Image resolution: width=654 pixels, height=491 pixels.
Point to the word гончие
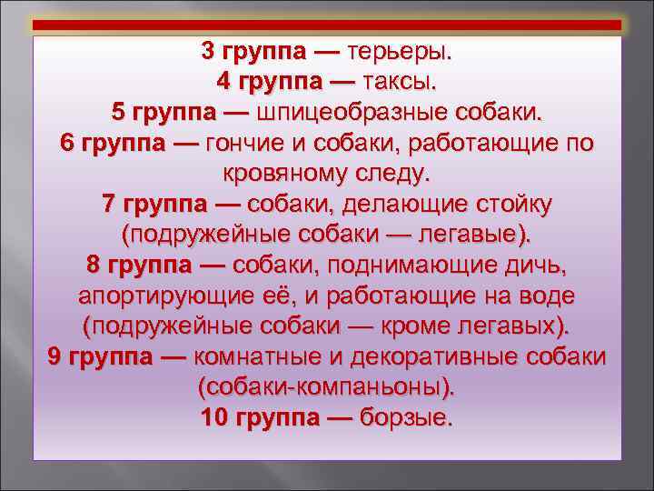click(x=243, y=143)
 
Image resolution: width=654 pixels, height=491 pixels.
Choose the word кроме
click(x=395, y=326)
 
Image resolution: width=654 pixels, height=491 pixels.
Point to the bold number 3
click(x=209, y=52)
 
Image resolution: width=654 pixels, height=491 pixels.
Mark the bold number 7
click(x=111, y=204)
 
